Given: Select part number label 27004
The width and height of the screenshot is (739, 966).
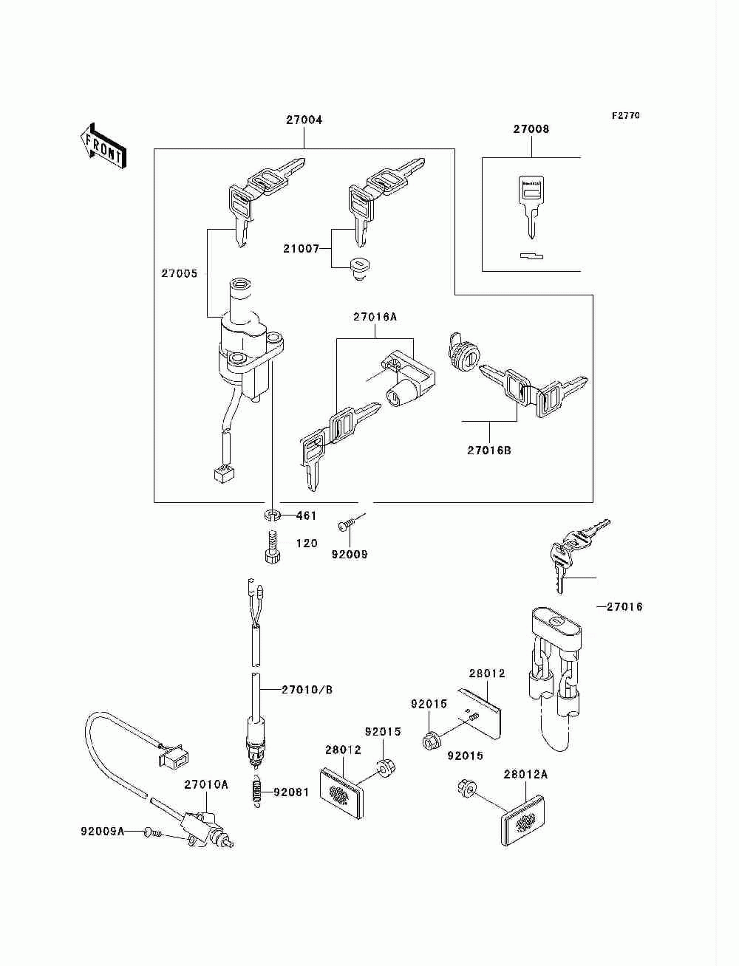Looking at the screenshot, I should (304, 120).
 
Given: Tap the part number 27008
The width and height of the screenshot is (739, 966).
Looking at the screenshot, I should (531, 129).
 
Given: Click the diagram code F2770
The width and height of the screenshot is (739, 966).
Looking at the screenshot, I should (625, 116).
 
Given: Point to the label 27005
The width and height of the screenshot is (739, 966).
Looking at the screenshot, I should (180, 273).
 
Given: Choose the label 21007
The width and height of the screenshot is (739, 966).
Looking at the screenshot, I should (301, 249).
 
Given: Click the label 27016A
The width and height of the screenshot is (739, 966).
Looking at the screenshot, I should (375, 317).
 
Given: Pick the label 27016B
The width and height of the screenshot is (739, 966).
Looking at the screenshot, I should (489, 449).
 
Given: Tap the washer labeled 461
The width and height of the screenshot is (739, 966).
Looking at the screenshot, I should (271, 515).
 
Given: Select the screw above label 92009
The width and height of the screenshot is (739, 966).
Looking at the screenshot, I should (347, 524).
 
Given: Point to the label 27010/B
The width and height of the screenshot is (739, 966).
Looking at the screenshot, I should (307, 690).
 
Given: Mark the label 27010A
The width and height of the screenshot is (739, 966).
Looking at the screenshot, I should (206, 784).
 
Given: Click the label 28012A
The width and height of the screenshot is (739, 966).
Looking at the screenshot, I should (525, 775).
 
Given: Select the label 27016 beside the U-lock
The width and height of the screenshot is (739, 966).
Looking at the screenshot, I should (624, 607).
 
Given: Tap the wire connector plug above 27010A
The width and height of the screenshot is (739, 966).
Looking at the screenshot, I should (174, 756).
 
